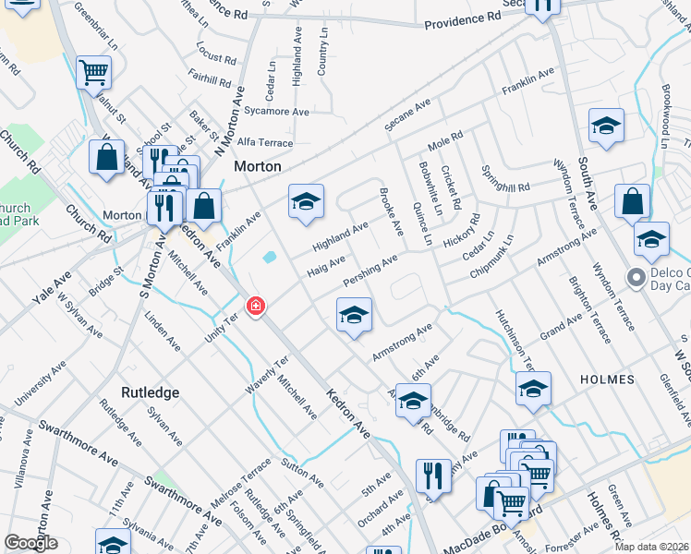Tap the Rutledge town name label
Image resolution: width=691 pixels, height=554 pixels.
(x=151, y=392)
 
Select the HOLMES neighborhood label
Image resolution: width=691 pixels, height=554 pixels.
(x=607, y=379)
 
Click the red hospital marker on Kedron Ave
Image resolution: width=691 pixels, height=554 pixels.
(x=255, y=306)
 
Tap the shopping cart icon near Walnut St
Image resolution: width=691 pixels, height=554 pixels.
(x=93, y=71)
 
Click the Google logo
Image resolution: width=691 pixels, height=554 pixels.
(x=30, y=543)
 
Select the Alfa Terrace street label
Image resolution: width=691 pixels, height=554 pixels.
(x=265, y=143)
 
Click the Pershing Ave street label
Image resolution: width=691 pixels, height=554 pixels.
(x=370, y=270)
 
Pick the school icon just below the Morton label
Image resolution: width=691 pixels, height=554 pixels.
(x=306, y=203)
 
